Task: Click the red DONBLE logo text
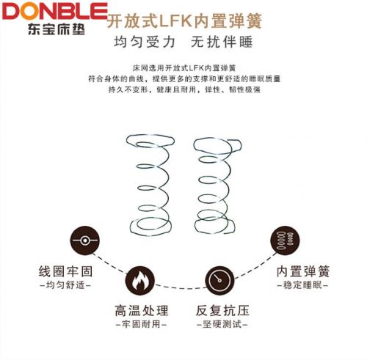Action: tap(55, 11)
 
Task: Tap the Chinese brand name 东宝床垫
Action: tap(57, 29)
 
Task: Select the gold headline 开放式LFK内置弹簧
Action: tap(184, 21)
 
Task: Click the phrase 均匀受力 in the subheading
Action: tap(145, 42)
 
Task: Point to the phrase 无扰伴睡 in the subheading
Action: tap(222, 42)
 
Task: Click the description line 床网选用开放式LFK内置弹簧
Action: tap(184, 67)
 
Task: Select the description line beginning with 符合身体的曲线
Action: tap(184, 78)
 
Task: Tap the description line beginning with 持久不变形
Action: tap(184, 89)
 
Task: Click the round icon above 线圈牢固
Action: tap(84, 240)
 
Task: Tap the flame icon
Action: tap(140, 281)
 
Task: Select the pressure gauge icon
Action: tap(219, 281)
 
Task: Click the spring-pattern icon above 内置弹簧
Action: tap(285, 240)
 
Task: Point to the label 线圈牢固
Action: tap(65, 271)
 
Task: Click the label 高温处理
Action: tap(142, 311)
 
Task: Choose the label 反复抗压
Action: tap(222, 311)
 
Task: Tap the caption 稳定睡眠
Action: tap(302, 285)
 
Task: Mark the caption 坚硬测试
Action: tap(222, 324)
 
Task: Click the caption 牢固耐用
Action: tap(141, 324)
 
